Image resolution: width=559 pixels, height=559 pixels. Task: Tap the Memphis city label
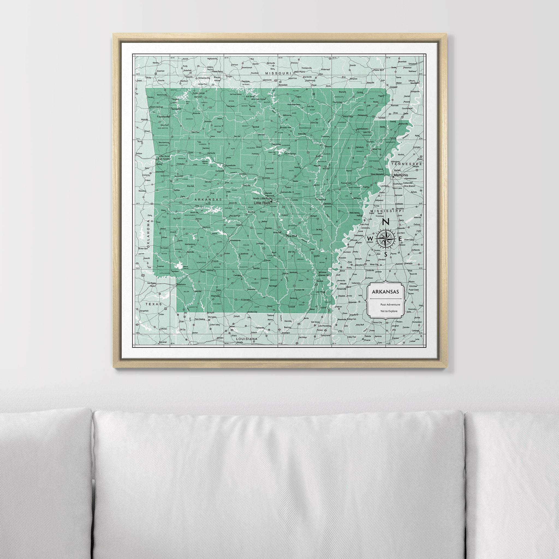[x=401, y=175]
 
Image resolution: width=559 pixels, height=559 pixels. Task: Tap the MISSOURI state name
[x=278, y=74]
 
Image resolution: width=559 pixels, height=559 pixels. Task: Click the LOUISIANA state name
[x=247, y=338]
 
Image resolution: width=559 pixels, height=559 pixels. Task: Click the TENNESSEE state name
[x=406, y=164]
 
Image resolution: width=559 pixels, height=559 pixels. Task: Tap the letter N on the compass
[x=385, y=222]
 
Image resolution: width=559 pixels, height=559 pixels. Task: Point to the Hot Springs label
[x=235, y=216]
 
